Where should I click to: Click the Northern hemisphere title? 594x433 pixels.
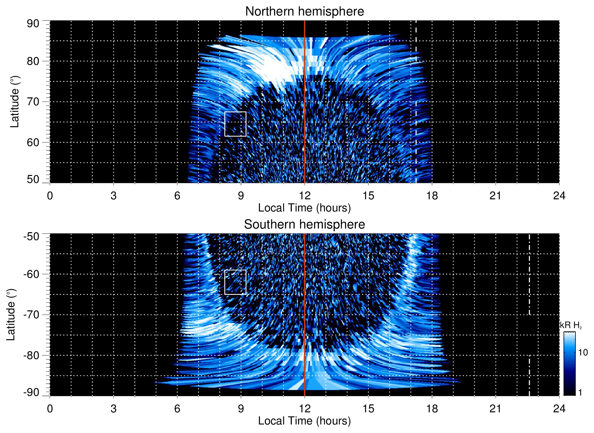pos(304,12)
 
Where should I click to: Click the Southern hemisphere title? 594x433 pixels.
pos(304,225)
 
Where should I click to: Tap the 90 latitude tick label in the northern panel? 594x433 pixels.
pos(33,24)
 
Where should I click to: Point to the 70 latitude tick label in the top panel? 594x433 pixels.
pos(33,102)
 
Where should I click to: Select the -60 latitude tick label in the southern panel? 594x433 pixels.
pos(31,274)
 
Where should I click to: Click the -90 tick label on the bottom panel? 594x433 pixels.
pos(31,392)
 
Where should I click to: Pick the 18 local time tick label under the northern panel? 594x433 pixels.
pos(432,196)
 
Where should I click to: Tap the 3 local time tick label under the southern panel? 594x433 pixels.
pos(114,409)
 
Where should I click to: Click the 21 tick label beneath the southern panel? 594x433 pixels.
pos(496,409)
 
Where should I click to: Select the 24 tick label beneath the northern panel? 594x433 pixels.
pos(559,196)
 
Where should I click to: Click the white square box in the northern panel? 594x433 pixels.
pos(235,124)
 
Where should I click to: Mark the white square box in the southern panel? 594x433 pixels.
pos(235,282)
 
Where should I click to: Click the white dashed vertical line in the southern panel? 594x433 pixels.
pos(529,274)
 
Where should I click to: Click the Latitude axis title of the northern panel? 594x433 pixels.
pos(15,102)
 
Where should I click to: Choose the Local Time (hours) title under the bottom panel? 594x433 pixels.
pos(304,421)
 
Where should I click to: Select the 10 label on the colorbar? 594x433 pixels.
pos(583,352)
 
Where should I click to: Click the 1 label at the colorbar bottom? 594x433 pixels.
pos(580,392)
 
